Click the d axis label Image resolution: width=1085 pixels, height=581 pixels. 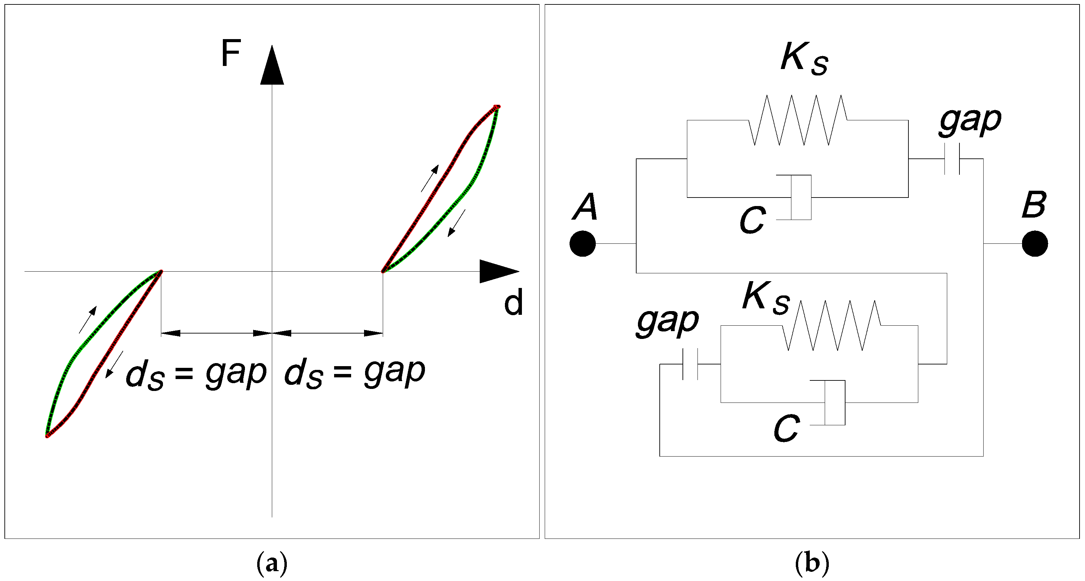pos(513,302)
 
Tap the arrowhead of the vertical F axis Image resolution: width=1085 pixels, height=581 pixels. pos(272,66)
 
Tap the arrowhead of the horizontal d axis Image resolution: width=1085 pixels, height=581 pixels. pos(499,272)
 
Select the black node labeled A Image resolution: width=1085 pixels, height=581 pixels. pos(582,244)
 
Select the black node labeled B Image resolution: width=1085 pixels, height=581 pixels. pos(1035,244)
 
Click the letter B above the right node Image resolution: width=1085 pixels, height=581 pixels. pos(1034,205)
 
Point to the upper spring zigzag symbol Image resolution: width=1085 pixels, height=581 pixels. pos(798,120)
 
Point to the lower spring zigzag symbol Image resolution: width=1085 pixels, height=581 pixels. pos(832,325)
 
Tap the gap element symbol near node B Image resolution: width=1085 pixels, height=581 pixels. pos(952,159)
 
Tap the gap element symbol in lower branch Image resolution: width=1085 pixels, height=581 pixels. pos(690,364)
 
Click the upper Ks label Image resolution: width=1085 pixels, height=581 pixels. pos(804,59)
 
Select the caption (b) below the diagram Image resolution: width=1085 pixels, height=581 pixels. pos(812,563)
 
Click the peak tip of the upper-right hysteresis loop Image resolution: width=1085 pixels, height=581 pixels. pos(497,106)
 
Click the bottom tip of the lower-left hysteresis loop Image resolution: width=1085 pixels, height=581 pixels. pos(47,436)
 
